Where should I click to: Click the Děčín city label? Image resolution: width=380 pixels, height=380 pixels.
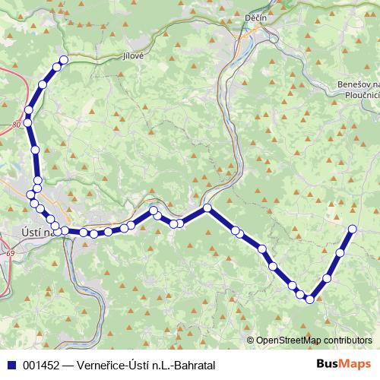[x=255, y=17]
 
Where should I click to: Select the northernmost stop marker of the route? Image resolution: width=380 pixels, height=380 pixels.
[x=64, y=59]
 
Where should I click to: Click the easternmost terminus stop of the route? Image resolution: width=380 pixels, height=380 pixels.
[x=353, y=229]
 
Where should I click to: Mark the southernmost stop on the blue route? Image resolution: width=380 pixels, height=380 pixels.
[x=310, y=299]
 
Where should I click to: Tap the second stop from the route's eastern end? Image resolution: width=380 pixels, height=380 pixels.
[x=340, y=252]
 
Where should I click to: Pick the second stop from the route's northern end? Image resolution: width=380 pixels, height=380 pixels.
[x=56, y=68]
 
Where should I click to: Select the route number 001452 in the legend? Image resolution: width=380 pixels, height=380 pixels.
[x=42, y=364]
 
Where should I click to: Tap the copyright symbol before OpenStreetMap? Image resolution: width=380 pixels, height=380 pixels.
[x=251, y=340]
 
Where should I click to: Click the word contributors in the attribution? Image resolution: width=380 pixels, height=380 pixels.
[x=347, y=340]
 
